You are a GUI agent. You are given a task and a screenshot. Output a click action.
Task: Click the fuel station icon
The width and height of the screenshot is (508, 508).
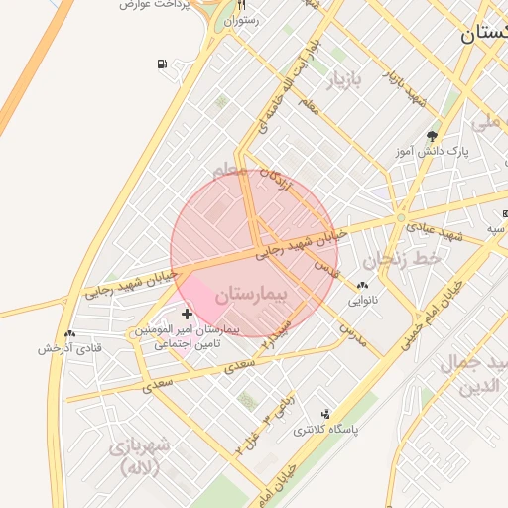pos(162,65)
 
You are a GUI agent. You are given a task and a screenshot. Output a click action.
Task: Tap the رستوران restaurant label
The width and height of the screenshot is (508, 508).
pos(242,20)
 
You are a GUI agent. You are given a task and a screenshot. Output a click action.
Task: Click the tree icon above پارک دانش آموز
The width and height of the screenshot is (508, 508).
pos(432,135)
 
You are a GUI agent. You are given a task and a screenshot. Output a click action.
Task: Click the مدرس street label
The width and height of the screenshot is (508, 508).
pos(352,334)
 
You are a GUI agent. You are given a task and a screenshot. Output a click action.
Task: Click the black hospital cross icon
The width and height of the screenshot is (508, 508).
pos(187,314)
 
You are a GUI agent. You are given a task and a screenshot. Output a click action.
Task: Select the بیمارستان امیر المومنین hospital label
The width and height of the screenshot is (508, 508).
pos(187,329)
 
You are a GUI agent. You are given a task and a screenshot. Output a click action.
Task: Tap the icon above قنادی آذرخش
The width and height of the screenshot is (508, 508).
pos(69,333)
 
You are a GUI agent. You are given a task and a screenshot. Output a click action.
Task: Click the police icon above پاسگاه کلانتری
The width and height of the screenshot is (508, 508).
pos(325,414)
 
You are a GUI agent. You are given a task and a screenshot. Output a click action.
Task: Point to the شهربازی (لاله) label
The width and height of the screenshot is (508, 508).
pos(140,455)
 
